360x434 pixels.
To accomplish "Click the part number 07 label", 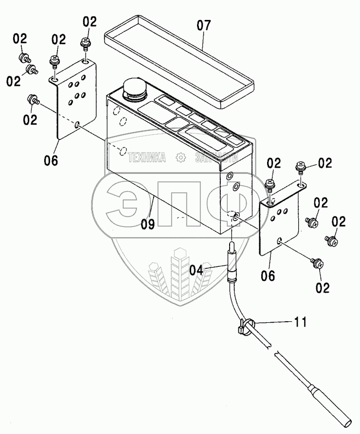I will pyautogui.click(x=204, y=25).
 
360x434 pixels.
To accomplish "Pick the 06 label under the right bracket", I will pyautogui.click(x=268, y=276).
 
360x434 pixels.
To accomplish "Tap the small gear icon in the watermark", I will pyautogui.click(x=180, y=157).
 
